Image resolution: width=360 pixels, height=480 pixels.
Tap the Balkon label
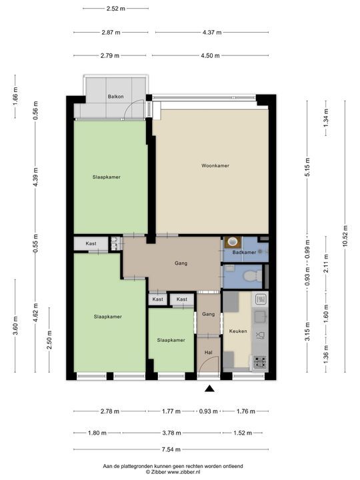[x=115, y=97]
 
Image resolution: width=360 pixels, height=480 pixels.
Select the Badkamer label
[x=243, y=253]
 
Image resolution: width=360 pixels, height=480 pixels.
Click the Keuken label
[x=237, y=330]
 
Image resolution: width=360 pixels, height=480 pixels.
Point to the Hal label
[x=207, y=353]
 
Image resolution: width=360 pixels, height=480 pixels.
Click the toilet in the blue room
[x=251, y=275]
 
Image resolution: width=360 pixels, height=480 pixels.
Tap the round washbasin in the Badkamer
[x=233, y=243]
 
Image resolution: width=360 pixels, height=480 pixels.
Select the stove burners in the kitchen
[x=259, y=363]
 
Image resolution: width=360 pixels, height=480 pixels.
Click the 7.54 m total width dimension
[x=171, y=450]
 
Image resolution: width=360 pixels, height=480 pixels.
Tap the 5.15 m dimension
[x=307, y=165]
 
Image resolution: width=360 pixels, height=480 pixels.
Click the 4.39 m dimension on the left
[x=36, y=177]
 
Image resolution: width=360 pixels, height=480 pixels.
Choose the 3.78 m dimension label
[x=171, y=433]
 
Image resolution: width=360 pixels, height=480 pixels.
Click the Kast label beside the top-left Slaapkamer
[x=91, y=244]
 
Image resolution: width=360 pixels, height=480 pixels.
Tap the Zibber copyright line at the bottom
[x=173, y=471]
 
